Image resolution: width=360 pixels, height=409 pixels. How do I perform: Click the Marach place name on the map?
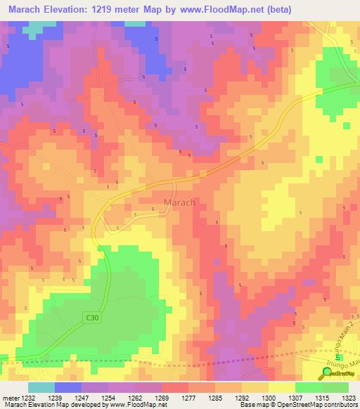pos(179,202)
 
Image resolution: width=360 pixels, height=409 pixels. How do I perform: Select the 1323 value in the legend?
pos(348,397)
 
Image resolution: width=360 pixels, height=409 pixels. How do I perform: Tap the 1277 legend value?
pos(188,397)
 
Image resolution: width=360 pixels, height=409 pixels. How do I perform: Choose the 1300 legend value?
pos(268,397)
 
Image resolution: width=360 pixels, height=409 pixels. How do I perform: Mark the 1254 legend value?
pos(109,397)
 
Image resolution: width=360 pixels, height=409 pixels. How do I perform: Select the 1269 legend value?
pos(162,397)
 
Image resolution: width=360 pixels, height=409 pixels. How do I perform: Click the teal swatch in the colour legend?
pos(41,387)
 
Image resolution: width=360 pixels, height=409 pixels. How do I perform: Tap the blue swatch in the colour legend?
pos(67,387)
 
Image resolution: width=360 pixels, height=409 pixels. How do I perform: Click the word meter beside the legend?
pos(10,397)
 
